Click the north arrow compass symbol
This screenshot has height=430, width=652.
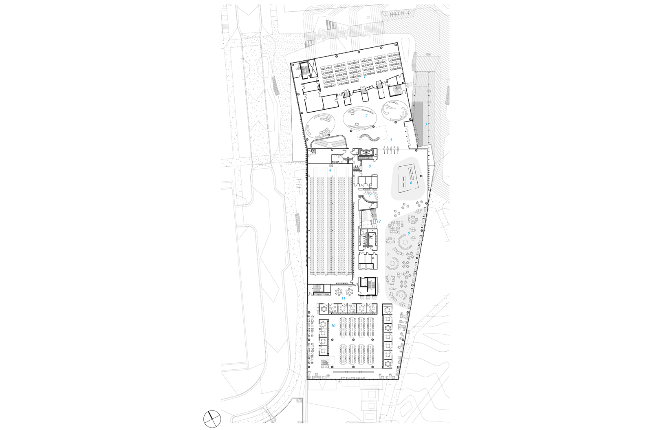[x=212, y=419]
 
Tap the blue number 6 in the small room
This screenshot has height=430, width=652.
[x=411, y=183]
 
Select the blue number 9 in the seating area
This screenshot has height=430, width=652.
[x=409, y=233]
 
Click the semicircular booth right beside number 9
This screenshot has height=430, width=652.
[x=405, y=242]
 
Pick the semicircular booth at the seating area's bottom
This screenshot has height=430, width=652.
[x=401, y=295]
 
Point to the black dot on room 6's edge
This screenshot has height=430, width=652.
[x=421, y=176]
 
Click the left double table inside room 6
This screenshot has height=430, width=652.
[x=403, y=182]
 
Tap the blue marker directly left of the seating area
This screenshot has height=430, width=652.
[x=379, y=221]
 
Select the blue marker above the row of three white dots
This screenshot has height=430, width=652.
[x=343, y=298]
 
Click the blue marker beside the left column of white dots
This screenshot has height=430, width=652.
[x=333, y=325]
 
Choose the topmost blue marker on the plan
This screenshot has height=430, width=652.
[x=365, y=77]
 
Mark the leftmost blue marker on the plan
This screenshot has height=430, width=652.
[x=330, y=170]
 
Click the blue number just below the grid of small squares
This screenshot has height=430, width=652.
[x=426, y=124]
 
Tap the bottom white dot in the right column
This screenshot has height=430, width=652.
[x=388, y=364]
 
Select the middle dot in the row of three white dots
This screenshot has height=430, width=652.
[x=343, y=309]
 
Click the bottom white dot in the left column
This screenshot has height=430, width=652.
[x=323, y=351]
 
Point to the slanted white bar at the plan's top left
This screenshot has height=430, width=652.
[x=305, y=71]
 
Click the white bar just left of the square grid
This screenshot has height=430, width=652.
[x=397, y=90]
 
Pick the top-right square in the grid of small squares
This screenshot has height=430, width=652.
[x=429, y=73]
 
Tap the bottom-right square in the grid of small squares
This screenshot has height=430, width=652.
[x=429, y=116]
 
